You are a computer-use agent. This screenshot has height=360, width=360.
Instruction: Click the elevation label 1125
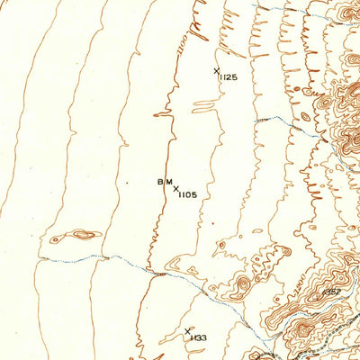tap(228, 78)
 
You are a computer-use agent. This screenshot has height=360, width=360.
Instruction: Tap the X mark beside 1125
tap(216, 69)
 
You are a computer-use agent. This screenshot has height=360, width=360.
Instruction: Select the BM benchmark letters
tap(164, 183)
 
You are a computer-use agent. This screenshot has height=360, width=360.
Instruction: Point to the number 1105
tap(187, 194)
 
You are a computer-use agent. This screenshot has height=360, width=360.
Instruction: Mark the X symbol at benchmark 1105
tap(175, 188)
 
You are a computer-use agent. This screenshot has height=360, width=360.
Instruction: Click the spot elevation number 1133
tap(198, 338)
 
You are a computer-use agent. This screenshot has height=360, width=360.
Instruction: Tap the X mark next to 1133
tap(187, 331)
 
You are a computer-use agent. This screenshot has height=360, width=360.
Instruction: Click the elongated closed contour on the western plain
tap(85, 235)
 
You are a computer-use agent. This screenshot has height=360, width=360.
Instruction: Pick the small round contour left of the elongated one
tap(56, 239)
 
